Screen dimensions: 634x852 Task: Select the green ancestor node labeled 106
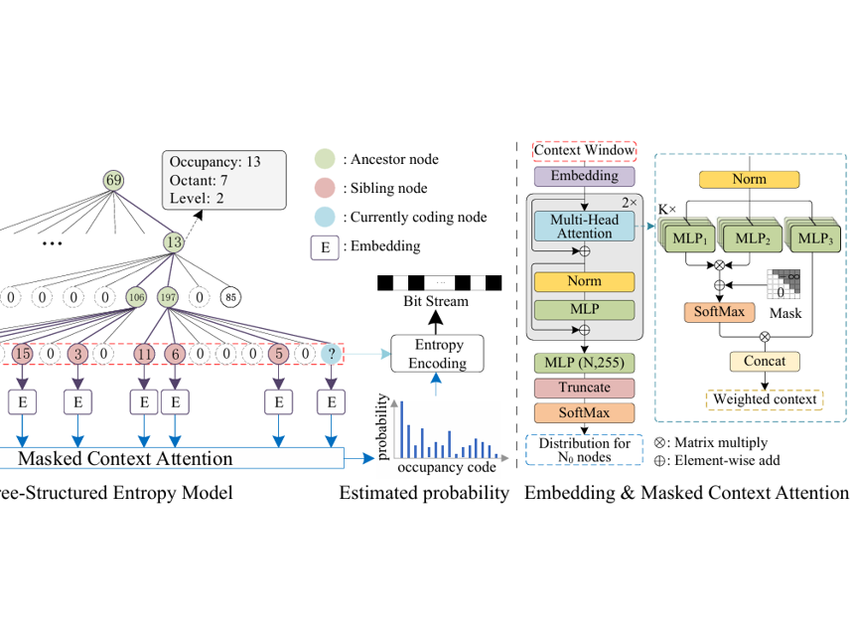click(135, 296)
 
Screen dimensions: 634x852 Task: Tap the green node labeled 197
click(168, 296)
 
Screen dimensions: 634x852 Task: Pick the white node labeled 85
click(230, 296)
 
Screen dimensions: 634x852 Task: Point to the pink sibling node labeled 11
click(145, 353)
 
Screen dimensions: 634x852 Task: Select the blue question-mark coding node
click(331, 353)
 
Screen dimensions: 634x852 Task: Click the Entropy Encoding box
click(438, 354)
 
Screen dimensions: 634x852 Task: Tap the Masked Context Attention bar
click(149, 458)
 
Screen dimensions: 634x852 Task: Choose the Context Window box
click(584, 151)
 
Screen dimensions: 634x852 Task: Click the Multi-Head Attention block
click(584, 225)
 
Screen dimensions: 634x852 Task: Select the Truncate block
click(584, 387)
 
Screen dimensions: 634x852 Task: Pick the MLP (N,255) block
click(584, 362)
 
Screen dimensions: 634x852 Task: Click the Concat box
click(765, 362)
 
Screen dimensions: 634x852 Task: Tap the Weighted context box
click(765, 399)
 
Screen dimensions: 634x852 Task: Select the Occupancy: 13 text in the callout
click(215, 161)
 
